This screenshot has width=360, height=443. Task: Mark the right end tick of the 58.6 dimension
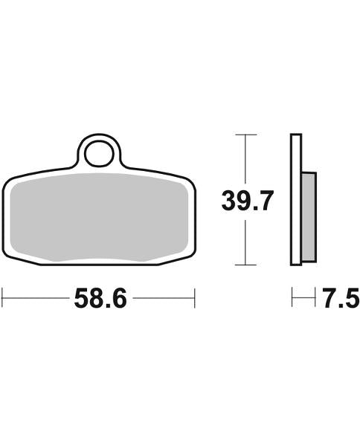click(195, 300)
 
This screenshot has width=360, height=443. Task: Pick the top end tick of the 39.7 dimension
click(245, 135)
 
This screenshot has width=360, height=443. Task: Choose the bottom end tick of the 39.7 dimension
click(245, 265)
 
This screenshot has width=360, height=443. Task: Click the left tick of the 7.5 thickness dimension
click(292, 300)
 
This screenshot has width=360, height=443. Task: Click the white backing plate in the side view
click(295, 199)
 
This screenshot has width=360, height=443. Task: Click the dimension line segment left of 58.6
click(37, 300)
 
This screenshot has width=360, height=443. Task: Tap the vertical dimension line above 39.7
click(245, 160)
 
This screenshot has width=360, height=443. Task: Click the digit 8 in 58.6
click(97, 300)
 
